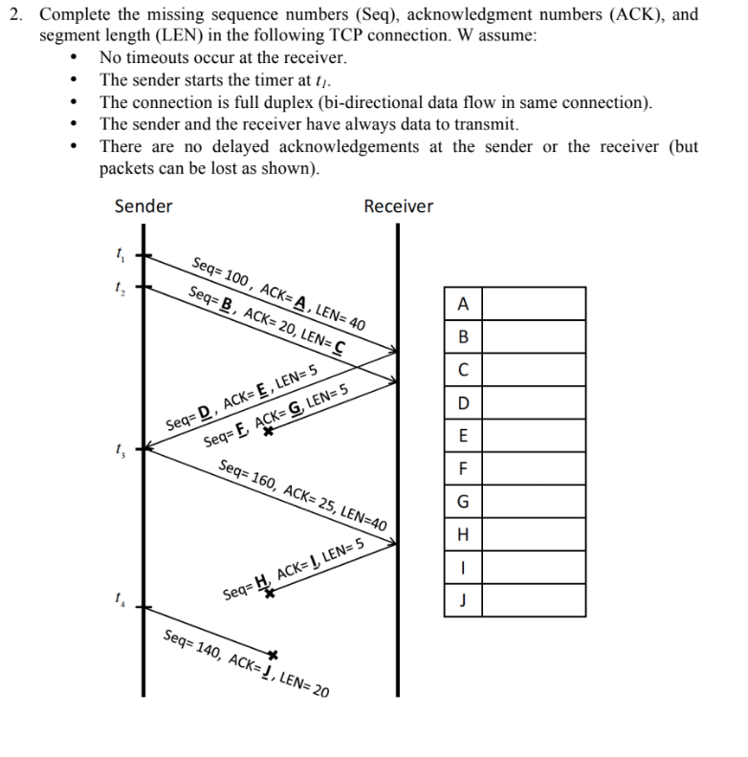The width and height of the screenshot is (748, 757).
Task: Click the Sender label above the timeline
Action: (143, 206)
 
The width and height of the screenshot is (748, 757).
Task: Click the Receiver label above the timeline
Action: (398, 206)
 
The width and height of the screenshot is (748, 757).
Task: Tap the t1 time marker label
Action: (119, 255)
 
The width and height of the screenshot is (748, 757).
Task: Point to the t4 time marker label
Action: (119, 601)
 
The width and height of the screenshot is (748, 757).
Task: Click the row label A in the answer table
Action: (464, 305)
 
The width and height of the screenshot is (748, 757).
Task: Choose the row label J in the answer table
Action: (464, 600)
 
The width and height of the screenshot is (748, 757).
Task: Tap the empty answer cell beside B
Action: (537, 337)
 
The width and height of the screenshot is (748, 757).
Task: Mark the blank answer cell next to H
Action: (537, 534)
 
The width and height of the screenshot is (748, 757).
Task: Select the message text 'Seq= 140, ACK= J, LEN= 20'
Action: (246, 662)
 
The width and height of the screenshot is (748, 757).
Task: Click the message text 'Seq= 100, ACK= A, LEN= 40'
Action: (278, 293)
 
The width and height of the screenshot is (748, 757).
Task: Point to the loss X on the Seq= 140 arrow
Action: (273, 655)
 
